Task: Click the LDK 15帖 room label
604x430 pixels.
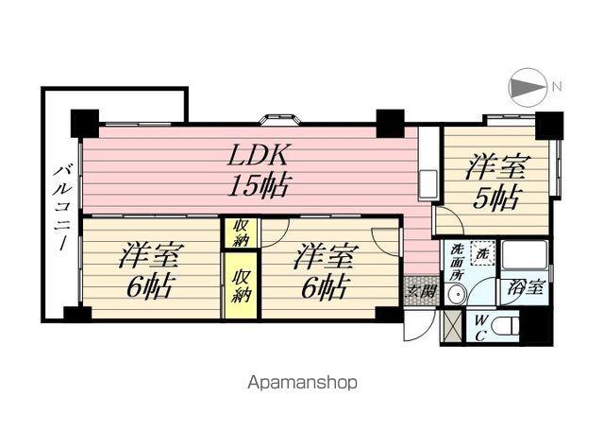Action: [x=258, y=170]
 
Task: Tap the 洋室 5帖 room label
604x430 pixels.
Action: [x=497, y=181]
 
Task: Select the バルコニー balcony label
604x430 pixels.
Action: [x=61, y=209]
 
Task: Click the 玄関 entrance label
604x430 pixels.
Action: [x=422, y=290]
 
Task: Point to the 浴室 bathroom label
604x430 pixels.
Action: [x=526, y=287]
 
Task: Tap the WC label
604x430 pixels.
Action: [x=480, y=328]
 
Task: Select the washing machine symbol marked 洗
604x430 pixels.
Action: [x=482, y=253]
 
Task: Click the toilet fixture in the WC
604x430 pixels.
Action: [x=506, y=327]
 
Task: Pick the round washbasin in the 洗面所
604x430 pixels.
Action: [x=455, y=295]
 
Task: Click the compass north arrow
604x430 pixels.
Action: [x=528, y=87]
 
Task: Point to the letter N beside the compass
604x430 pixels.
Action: [x=557, y=87]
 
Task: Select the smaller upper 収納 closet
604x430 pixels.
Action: [x=241, y=233]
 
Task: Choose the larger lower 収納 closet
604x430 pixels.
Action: [x=241, y=285]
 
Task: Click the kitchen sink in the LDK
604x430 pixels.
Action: [x=428, y=185]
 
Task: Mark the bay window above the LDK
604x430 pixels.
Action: [x=279, y=119]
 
